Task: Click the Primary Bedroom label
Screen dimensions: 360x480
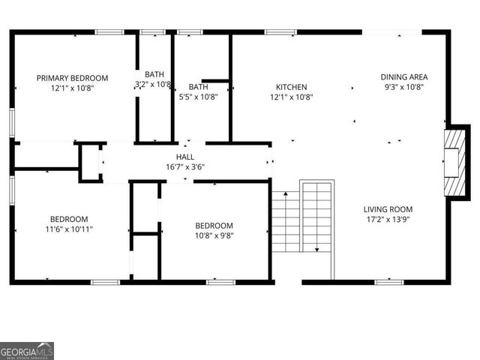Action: click(73, 78)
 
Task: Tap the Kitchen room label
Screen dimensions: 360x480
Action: click(291, 87)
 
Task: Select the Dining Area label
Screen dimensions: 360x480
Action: click(404, 76)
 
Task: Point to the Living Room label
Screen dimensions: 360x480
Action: click(388, 209)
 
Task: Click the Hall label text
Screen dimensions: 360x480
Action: click(185, 157)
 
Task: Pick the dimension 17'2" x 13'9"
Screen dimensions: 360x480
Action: click(388, 220)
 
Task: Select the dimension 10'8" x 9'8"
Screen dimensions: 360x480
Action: click(214, 235)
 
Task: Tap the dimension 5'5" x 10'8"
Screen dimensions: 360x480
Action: click(198, 97)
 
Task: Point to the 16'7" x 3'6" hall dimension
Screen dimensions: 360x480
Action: click(185, 166)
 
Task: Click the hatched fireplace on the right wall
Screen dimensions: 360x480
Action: click(453, 162)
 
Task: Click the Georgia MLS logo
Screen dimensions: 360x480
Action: click(27, 351)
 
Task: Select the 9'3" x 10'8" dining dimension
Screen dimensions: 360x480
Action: click(404, 86)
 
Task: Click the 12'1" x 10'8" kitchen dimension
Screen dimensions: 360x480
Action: click(291, 97)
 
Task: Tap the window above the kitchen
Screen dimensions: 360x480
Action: click(280, 32)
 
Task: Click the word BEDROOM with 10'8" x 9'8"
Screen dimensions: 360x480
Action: click(214, 226)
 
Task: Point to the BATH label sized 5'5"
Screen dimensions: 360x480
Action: click(198, 87)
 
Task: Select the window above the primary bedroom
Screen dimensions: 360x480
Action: click(109, 32)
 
